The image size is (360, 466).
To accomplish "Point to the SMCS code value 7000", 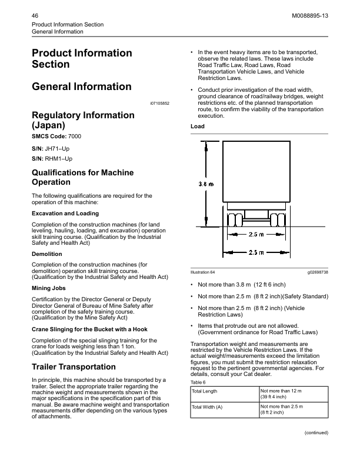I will pos(73,137).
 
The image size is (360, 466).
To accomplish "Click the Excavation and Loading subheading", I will pos(65,213).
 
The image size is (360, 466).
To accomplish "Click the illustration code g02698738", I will pos(317,272).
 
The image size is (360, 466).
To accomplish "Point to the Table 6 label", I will pos(198,381).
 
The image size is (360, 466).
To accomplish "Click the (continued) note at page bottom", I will pos(316,432).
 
